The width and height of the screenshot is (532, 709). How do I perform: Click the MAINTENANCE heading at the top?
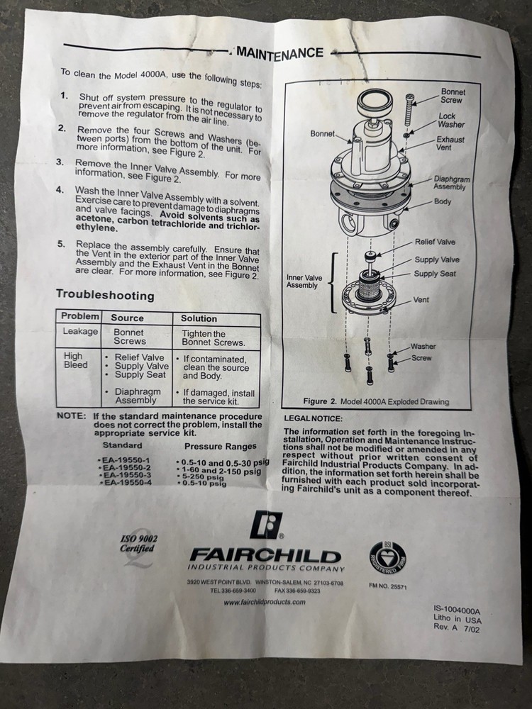click(x=280, y=52)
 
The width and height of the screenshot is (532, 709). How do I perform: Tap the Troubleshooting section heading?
click(x=104, y=294)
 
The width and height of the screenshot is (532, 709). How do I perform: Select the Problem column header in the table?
click(x=79, y=316)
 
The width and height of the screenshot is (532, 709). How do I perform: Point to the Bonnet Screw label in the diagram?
click(x=453, y=96)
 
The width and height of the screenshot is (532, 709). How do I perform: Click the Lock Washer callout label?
click(x=452, y=120)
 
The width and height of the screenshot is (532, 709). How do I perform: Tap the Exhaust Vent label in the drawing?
click(x=450, y=144)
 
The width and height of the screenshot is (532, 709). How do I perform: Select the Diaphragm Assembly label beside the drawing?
click(x=452, y=184)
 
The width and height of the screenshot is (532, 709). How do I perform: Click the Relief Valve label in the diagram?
click(x=435, y=242)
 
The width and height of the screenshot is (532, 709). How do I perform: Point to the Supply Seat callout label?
click(x=435, y=274)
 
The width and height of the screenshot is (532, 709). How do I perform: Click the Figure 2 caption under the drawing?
click(x=375, y=401)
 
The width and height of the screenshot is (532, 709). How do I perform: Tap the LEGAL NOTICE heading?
click(x=313, y=418)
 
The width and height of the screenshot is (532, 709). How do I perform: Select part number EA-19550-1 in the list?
click(x=123, y=460)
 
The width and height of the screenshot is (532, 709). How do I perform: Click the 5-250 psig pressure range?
click(x=203, y=476)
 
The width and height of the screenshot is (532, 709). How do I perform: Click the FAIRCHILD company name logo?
click(x=265, y=556)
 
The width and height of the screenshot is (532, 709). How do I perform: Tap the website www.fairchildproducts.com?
click(x=264, y=602)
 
